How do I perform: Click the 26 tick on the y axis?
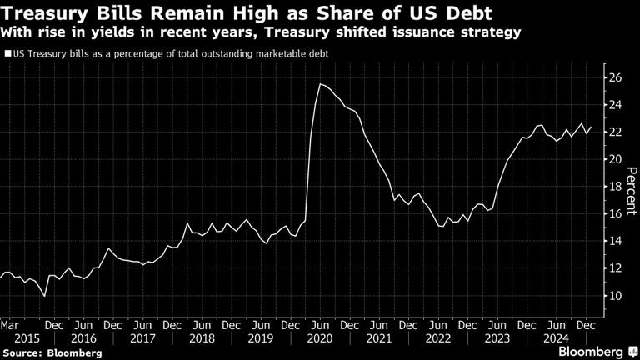(x=613, y=77)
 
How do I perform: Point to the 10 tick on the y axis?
(x=613, y=296)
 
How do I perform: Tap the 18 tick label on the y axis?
(x=613, y=187)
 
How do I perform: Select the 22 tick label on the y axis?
(x=613, y=132)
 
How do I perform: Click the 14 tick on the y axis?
(x=613, y=241)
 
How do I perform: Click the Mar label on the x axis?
(x=9, y=324)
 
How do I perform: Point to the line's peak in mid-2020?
(x=320, y=84)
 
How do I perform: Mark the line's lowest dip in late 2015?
(x=44, y=296)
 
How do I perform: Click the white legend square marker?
(x=7, y=54)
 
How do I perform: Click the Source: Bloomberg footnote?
(x=52, y=352)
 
